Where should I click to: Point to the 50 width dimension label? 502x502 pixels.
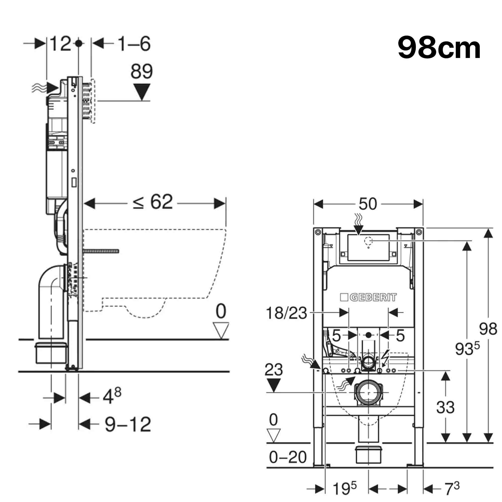tap(368, 204)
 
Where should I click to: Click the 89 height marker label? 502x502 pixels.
tap(141, 72)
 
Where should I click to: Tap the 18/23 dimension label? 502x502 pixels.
tap(286, 313)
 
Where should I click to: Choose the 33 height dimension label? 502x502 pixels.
tap(445, 407)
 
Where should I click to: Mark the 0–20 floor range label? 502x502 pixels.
tap(288, 457)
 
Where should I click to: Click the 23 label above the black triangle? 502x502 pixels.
tap(274, 370)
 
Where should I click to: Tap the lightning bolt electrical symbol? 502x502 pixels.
tap(385, 359)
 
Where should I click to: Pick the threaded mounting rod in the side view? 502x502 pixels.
tap(101, 251)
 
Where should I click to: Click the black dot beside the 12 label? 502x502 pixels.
tap(79, 44)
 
